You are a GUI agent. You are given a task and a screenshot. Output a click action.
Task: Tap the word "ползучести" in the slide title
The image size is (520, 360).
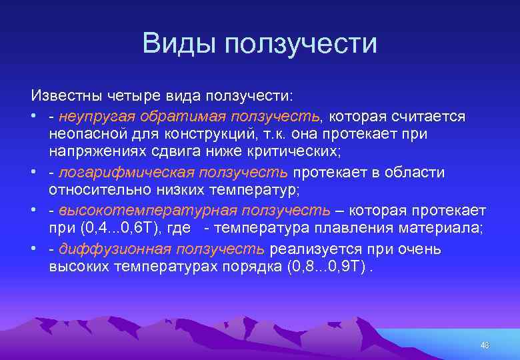coord(301,44)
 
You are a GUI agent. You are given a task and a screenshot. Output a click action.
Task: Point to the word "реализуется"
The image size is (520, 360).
coord(307,249)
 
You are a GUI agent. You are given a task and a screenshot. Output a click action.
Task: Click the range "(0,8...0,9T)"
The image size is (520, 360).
coord(329,267)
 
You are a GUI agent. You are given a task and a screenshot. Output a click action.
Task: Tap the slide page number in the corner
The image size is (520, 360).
coord(485,345)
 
